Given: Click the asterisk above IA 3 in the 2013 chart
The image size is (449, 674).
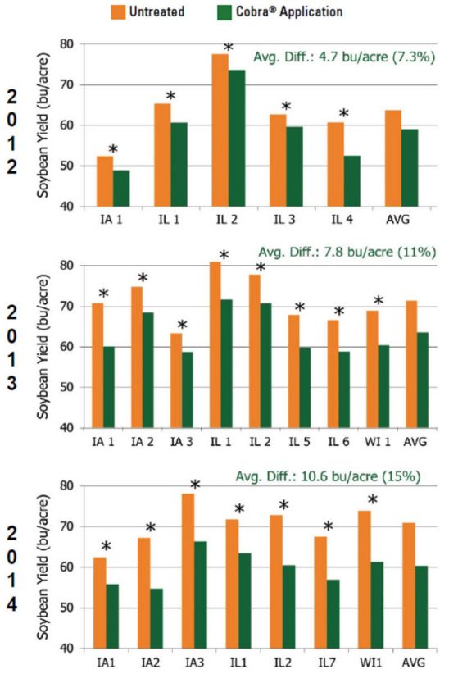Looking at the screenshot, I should pyautogui.click(x=182, y=326).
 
